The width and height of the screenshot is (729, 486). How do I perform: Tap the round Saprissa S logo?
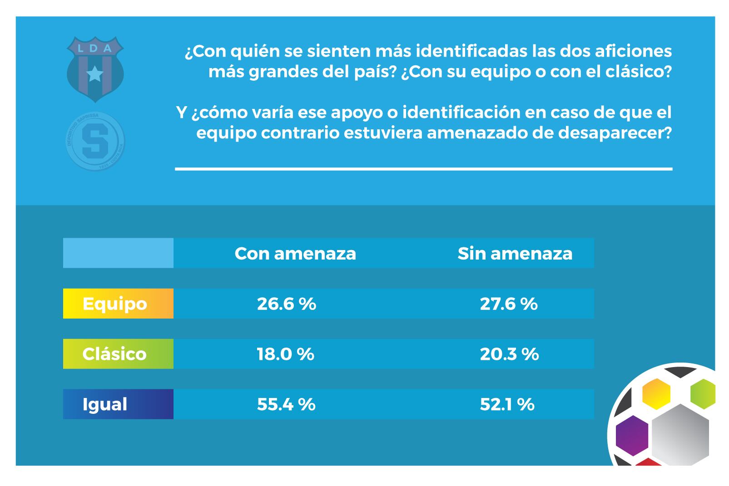coord(95,142)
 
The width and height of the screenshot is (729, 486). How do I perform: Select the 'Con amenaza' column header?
coord(295,253)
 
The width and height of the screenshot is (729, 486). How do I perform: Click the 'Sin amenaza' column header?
coord(515,253)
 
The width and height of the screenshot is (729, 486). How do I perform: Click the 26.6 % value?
coord(286,304)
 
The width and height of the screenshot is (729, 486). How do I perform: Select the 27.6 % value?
coord(509,304)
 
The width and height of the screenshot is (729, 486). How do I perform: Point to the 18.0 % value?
coord(285,354)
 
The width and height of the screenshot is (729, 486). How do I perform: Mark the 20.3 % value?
coord(509,354)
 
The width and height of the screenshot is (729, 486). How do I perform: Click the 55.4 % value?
coord(286,404)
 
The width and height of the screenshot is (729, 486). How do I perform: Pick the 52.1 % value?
coord(507,404)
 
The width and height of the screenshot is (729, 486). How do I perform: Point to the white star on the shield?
coord(95,74)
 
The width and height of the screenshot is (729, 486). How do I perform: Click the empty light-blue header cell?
coord(118,253)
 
